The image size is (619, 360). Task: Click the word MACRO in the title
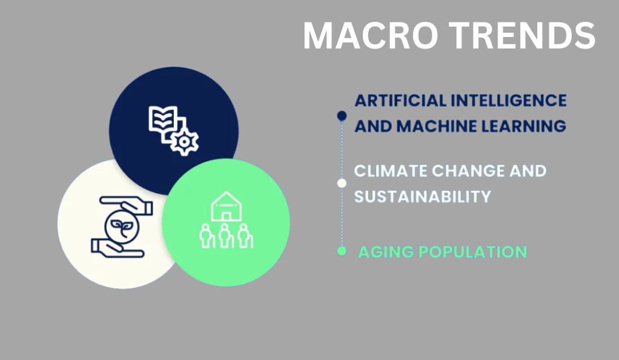tap(370, 36)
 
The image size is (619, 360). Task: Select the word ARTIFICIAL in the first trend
tap(400, 101)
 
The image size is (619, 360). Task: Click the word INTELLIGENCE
tap(509, 101)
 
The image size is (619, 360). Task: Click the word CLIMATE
tap(391, 171)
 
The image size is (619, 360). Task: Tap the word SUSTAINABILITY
tap(422, 197)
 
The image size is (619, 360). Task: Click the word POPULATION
tap(472, 252)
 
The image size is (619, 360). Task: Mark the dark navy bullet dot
tap(342, 116)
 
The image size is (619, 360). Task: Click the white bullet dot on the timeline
tap(342, 184)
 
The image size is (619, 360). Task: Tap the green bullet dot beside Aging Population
tap(342, 251)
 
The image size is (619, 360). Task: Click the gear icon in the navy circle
tap(184, 142)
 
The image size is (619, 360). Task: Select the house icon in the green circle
tap(226, 206)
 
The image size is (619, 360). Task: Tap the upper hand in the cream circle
tap(127, 205)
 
